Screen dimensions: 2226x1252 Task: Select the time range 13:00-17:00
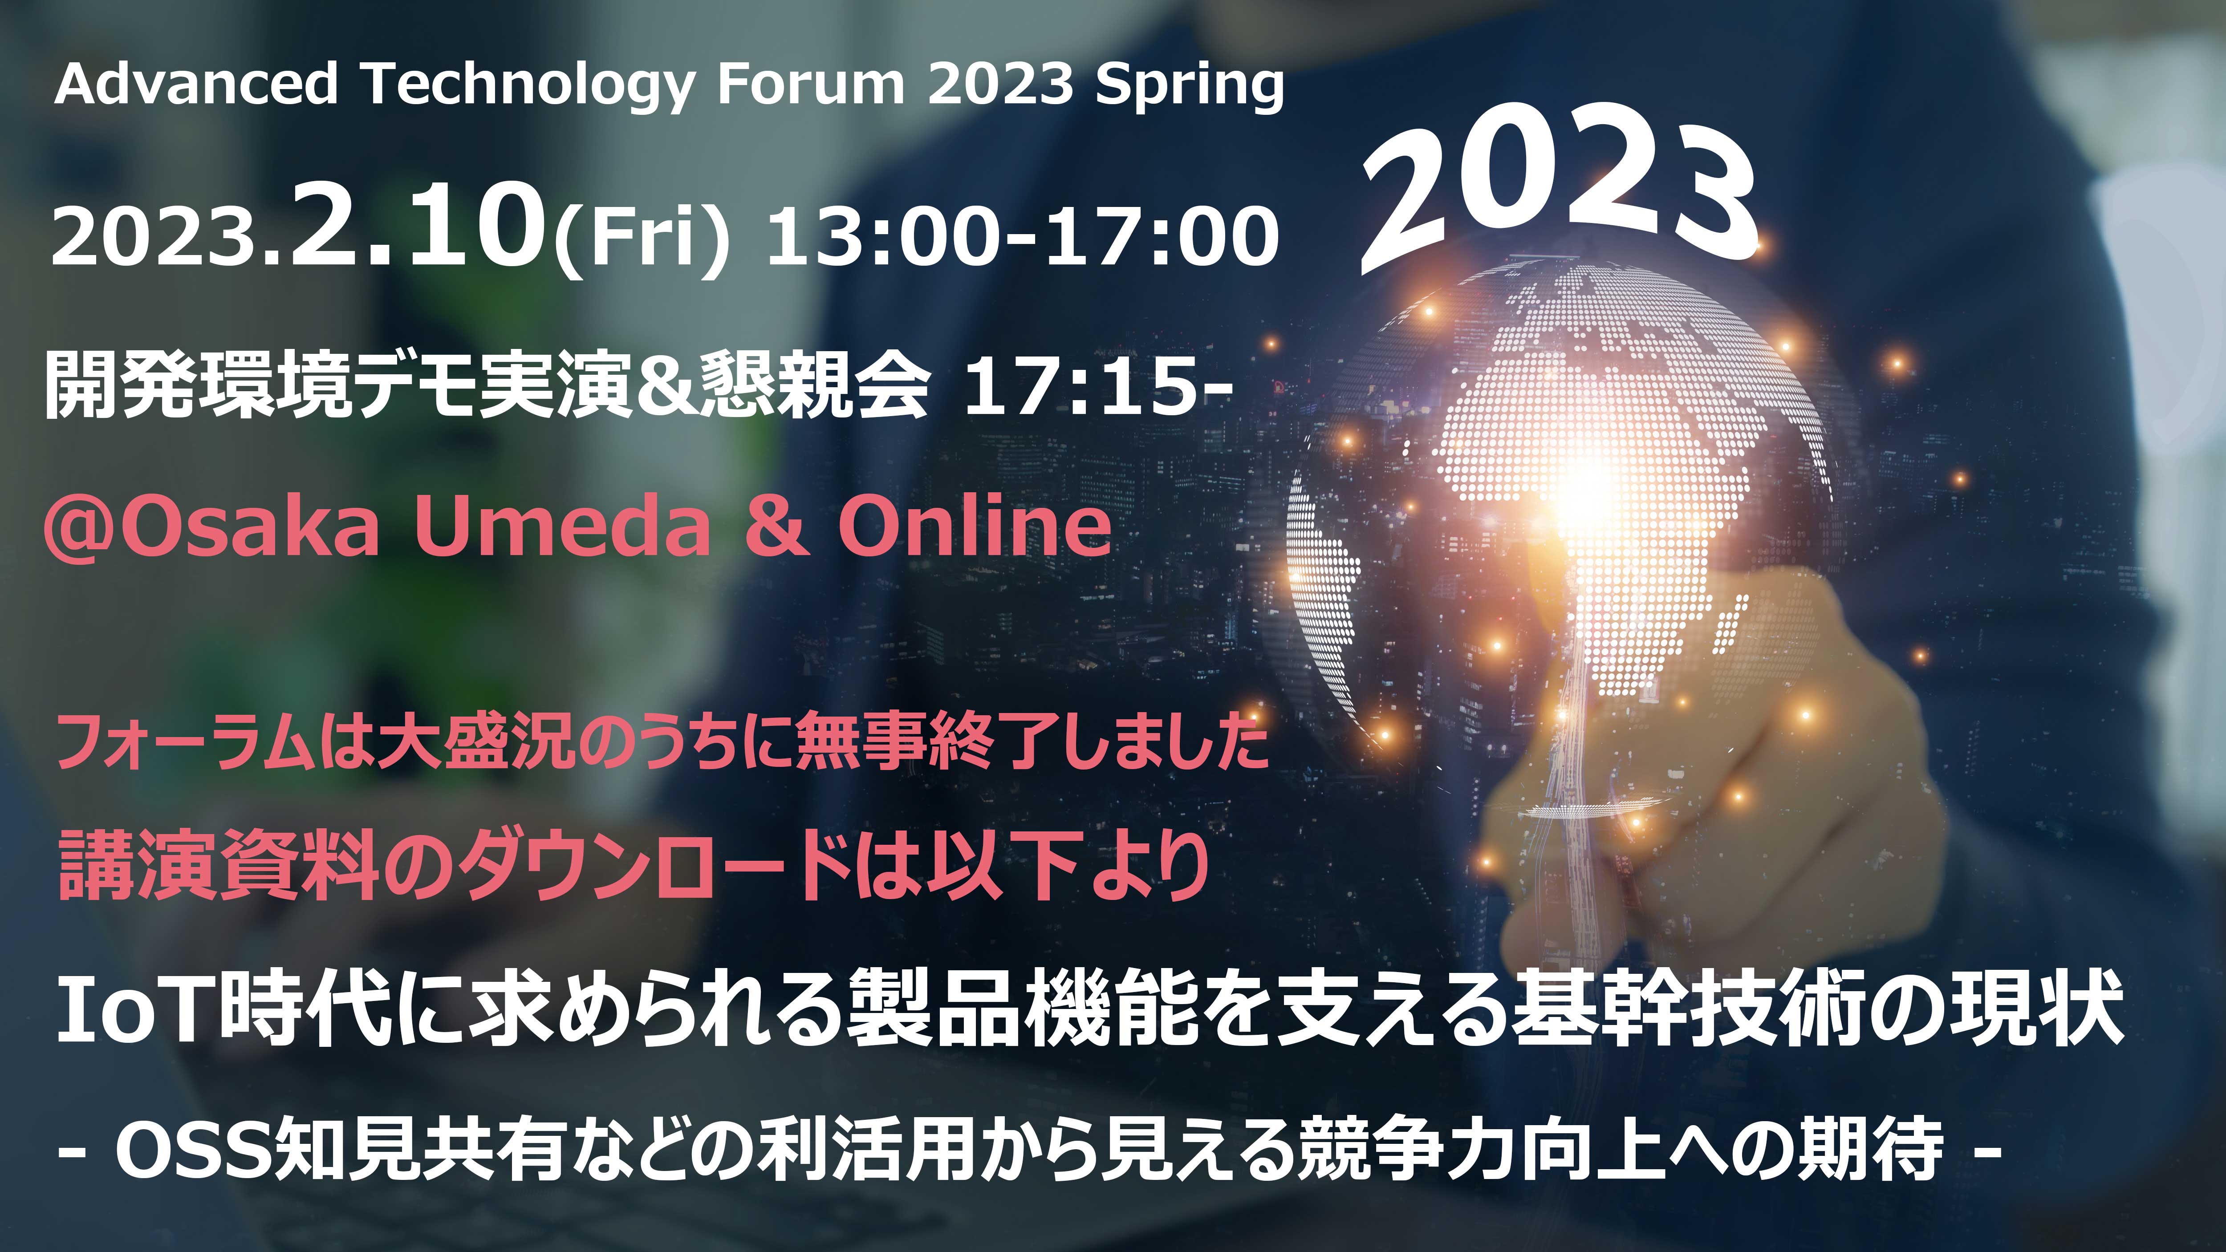pyautogui.click(x=1022, y=235)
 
